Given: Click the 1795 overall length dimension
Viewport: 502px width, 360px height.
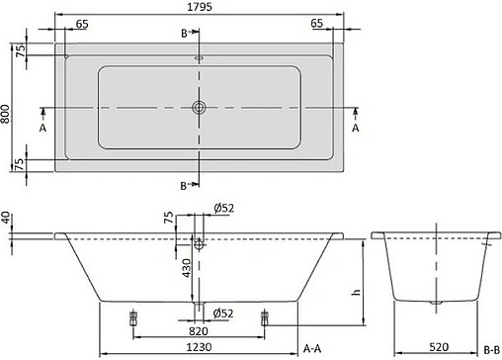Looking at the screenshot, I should pyautogui.click(x=202, y=7).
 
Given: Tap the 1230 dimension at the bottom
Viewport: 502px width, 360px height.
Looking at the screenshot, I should pyautogui.click(x=202, y=348).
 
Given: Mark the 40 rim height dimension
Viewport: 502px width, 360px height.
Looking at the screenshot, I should pyautogui.click(x=7, y=217).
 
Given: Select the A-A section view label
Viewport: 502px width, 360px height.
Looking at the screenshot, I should pyautogui.click(x=313, y=348).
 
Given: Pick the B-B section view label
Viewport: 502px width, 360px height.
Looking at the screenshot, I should pyautogui.click(x=491, y=348).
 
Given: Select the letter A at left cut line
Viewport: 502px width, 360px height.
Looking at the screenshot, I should pyautogui.click(x=42, y=128).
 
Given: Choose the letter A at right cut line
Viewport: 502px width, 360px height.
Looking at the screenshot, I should pyautogui.click(x=357, y=128).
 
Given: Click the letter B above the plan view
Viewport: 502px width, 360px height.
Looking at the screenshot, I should pyautogui.click(x=185, y=34).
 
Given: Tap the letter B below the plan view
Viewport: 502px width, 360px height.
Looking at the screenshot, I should pyautogui.click(x=185, y=185).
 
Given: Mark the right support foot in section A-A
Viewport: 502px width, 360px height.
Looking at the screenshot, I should pyautogui.click(x=264, y=317).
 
